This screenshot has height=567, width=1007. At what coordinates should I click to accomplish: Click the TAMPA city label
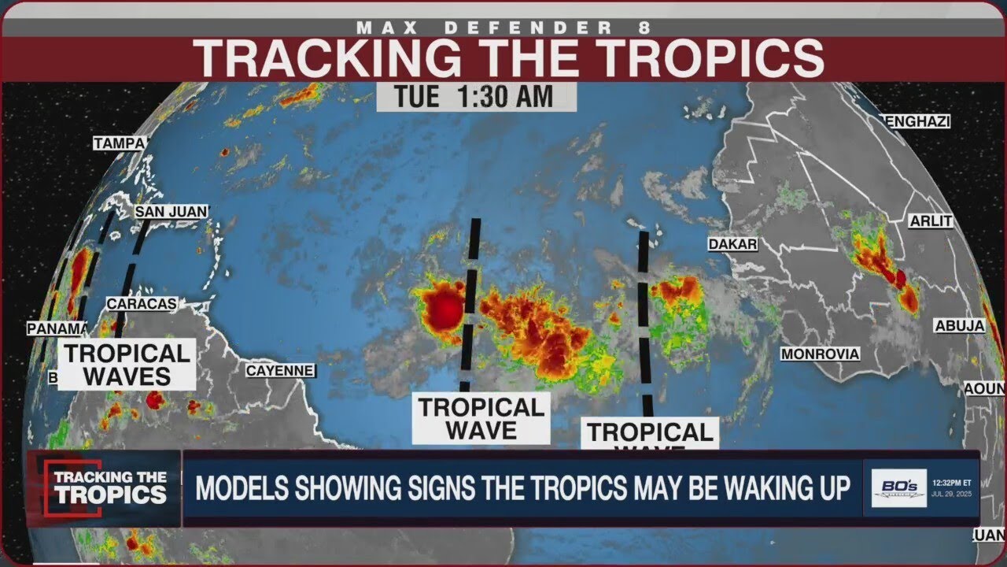click(x=120, y=143)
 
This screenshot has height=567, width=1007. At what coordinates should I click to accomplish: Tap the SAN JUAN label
click(x=171, y=212)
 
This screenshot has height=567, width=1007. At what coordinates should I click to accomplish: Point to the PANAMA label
click(x=57, y=329)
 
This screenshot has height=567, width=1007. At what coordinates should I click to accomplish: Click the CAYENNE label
click(x=280, y=370)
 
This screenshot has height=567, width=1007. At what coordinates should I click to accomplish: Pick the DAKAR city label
click(x=732, y=245)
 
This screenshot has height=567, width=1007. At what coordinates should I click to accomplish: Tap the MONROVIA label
click(x=820, y=354)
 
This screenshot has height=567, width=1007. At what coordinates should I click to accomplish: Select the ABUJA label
click(x=959, y=326)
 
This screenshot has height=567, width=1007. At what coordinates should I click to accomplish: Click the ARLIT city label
click(x=931, y=221)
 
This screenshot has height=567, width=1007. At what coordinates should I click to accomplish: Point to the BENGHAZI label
click(x=918, y=121)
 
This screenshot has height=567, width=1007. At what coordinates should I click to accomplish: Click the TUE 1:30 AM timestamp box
click(x=475, y=97)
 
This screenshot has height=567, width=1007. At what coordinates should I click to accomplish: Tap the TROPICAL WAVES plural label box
click(x=127, y=365)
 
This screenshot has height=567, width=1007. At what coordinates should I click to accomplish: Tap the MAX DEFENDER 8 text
click(x=503, y=28)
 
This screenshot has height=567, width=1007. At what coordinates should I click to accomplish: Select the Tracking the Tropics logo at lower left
click(x=105, y=488)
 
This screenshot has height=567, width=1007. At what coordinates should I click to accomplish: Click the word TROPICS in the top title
click(x=692, y=58)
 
